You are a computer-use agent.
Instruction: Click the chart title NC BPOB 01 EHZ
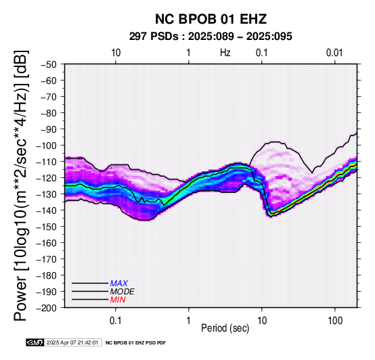[211, 19]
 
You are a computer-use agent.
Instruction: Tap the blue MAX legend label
[118, 284]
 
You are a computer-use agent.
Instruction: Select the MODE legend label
[123, 292]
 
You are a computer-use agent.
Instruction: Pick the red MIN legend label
[118, 300]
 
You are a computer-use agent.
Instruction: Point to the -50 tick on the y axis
[49, 64]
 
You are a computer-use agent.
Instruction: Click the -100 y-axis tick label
[47, 145]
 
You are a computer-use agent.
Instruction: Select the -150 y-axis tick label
[47, 227]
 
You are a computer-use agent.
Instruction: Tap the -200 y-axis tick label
[47, 308]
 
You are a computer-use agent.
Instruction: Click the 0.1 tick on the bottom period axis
[116, 321]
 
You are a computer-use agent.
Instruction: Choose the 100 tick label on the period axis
[335, 321]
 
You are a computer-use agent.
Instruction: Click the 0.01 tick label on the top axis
[334, 53]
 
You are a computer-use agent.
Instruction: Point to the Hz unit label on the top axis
[225, 53]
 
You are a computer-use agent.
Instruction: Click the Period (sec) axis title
[225, 328]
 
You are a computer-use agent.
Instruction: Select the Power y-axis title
[20, 185]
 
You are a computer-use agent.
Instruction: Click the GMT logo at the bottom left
[35, 342]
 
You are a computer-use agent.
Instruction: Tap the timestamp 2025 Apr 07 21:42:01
[72, 342]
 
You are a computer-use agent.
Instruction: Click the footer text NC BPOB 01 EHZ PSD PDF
[135, 343]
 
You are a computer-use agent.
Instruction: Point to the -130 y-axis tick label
[47, 194]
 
